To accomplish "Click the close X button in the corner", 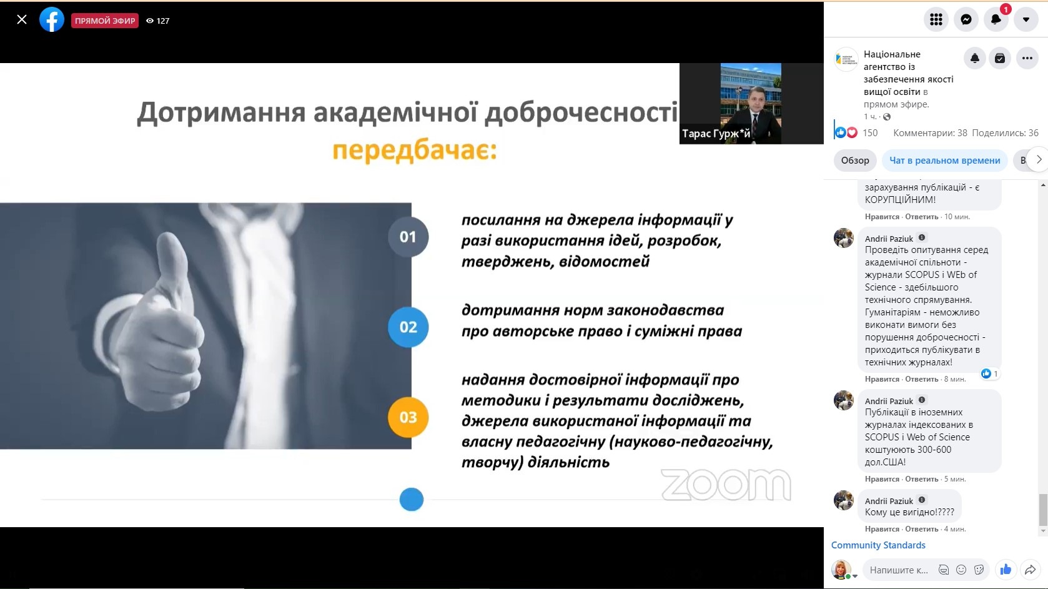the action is [21, 19].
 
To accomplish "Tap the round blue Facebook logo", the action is [51, 20].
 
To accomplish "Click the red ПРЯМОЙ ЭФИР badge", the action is [105, 21].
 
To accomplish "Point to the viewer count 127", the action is [163, 21].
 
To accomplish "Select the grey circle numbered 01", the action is [408, 237].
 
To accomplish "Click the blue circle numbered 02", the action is [408, 327].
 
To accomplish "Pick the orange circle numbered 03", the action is [408, 417].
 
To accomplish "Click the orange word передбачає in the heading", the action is [414, 151].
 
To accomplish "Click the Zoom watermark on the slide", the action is [726, 485].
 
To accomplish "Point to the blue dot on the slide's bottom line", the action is [411, 499].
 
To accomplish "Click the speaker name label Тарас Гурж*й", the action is [716, 134].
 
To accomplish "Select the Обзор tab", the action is [855, 161].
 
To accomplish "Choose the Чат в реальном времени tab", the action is [944, 161].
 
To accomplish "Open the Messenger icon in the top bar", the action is [966, 19].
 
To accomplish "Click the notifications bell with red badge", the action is [996, 19].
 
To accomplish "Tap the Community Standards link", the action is [878, 545].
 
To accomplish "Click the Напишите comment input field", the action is [898, 570].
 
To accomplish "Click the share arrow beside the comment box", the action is [1031, 570].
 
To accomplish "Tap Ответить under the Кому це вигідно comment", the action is [922, 529].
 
